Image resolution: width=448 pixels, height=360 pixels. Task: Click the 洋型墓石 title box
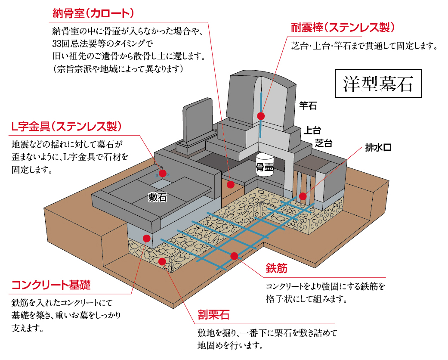[x=378, y=84]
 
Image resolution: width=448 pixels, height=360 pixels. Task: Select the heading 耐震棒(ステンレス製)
[x=343, y=28]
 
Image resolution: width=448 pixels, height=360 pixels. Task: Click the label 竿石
[x=308, y=105]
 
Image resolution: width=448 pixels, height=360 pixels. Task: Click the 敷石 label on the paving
[x=158, y=197]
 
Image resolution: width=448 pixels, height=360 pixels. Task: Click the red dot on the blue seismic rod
[x=260, y=115]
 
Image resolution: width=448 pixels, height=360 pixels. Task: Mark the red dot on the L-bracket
[x=163, y=174]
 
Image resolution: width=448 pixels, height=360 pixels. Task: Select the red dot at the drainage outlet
[x=303, y=195]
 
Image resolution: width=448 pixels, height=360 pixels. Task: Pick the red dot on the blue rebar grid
[x=234, y=256]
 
